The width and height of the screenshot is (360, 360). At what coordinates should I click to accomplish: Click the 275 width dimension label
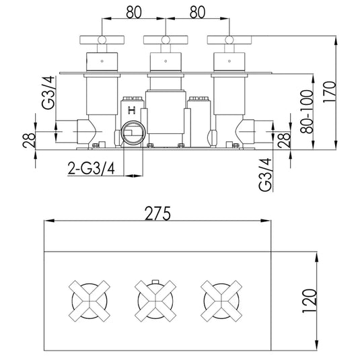pos(158,213)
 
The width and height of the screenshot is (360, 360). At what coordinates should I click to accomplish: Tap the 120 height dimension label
pos(310,301)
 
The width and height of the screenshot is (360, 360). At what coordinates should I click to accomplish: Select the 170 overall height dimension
pos(330,92)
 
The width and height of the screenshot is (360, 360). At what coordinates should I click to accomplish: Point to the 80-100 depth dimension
pos(308,112)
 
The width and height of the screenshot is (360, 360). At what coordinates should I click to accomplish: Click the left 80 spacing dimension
pos(134,12)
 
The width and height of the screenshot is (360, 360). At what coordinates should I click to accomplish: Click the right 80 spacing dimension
pos(197,12)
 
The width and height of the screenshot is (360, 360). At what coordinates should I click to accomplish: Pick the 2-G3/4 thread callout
pos(91,168)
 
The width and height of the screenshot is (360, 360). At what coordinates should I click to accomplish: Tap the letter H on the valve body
pos(132,110)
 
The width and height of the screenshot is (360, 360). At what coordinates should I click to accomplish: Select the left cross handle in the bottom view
pos(89,301)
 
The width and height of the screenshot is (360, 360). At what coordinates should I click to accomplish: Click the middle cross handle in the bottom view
pos(155,301)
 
